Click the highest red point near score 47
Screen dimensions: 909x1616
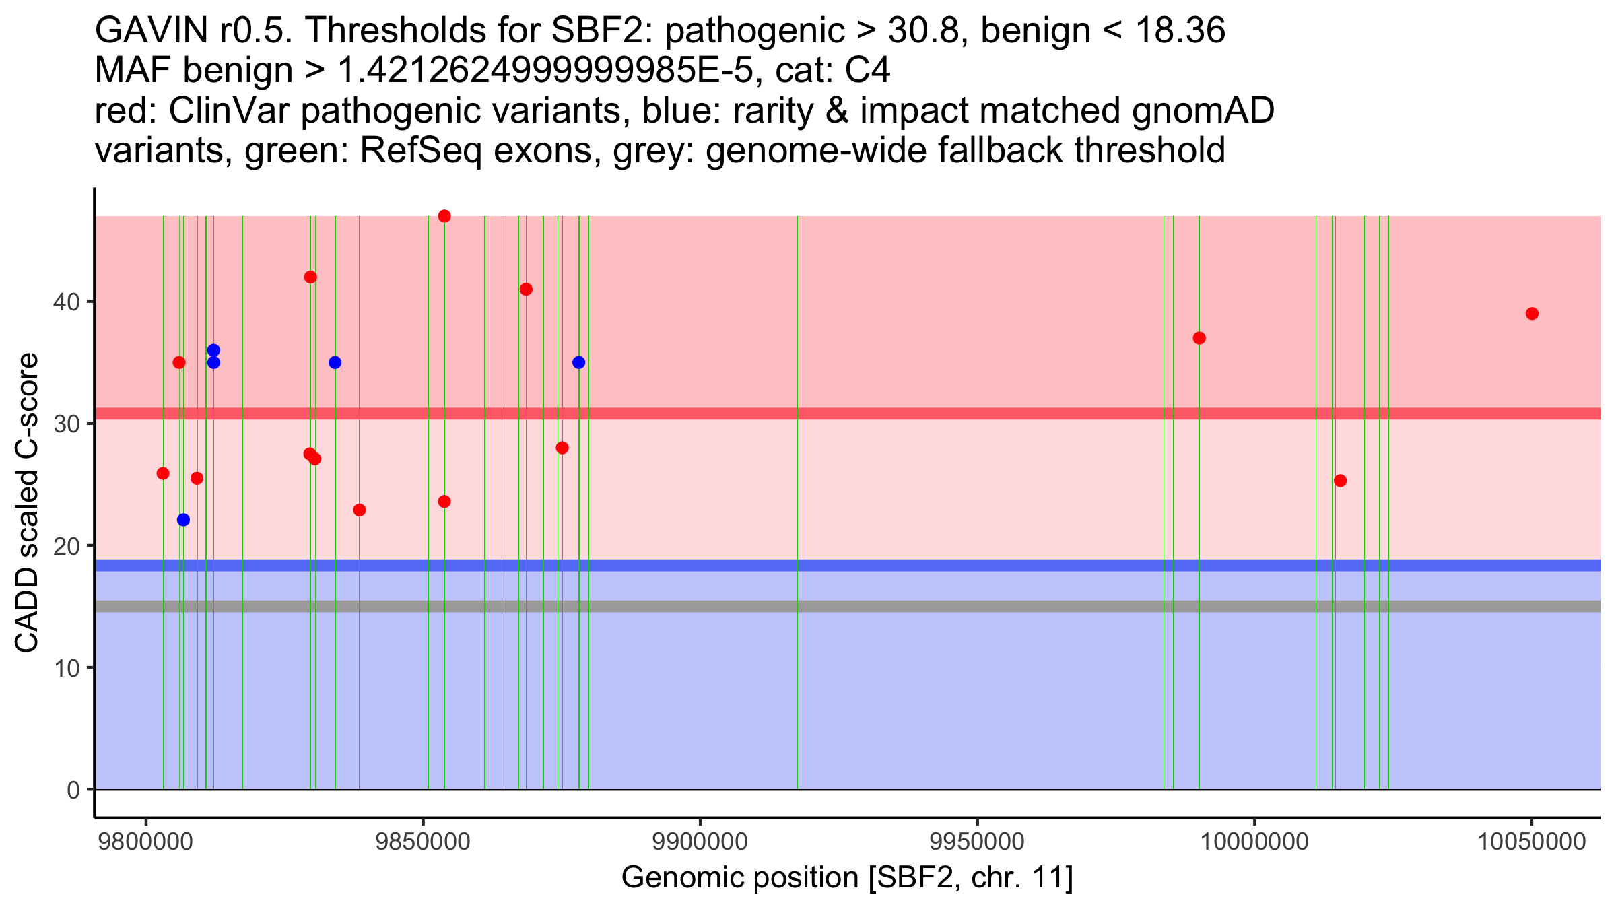tap(444, 216)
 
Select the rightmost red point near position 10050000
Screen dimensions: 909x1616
tap(1532, 314)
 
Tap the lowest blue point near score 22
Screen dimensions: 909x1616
tap(183, 520)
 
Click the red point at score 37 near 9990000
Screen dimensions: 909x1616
tap(1199, 338)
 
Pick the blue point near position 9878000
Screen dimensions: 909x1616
tap(578, 362)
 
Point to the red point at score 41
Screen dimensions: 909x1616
tap(526, 290)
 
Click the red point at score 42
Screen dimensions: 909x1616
tap(310, 277)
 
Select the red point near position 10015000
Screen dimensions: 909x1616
tap(1340, 481)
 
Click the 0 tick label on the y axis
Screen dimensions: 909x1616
tap(73, 790)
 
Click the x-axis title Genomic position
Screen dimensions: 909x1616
tap(846, 878)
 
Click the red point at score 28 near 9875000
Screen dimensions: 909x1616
tap(562, 448)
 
